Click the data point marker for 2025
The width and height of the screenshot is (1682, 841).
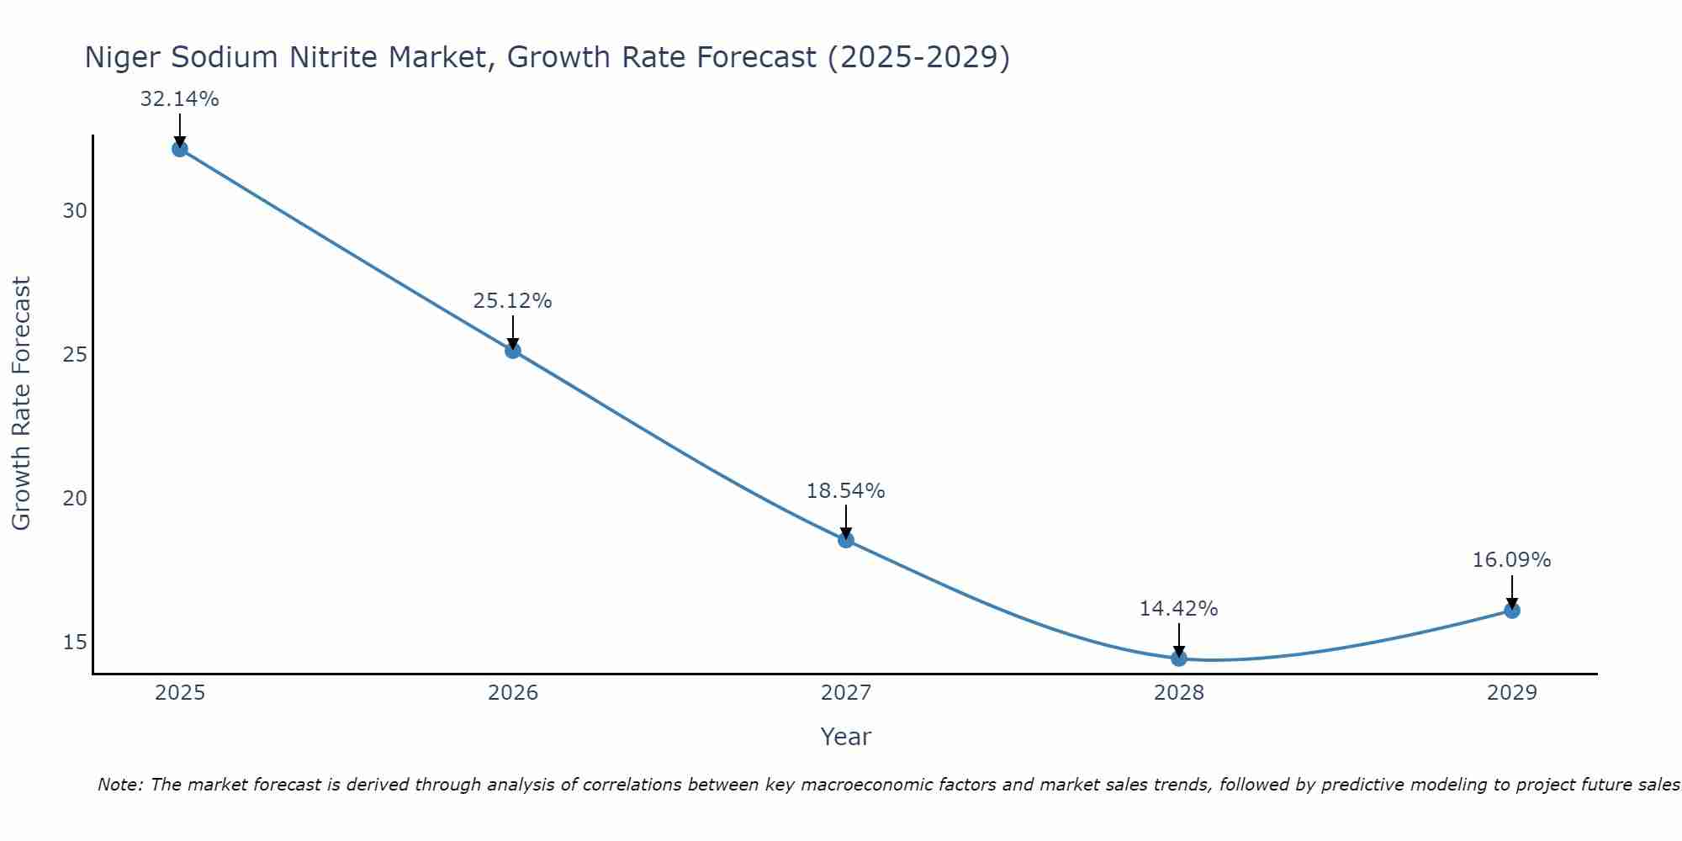pyautogui.click(x=179, y=149)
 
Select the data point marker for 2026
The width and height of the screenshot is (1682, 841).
pyautogui.click(x=513, y=351)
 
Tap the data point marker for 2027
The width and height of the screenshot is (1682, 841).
pyautogui.click(x=846, y=540)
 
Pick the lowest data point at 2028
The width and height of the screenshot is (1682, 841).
pyautogui.click(x=1179, y=658)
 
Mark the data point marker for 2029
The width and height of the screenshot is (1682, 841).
pyautogui.click(x=1512, y=611)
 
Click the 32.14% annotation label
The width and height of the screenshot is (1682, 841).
pyautogui.click(x=179, y=99)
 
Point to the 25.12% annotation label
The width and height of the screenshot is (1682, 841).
pyautogui.click(x=512, y=301)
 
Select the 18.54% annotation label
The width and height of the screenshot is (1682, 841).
pyautogui.click(x=845, y=491)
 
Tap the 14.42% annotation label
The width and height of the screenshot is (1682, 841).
pyautogui.click(x=1178, y=609)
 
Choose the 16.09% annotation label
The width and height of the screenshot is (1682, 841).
pyautogui.click(x=1511, y=560)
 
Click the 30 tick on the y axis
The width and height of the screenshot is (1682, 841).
pyautogui.click(x=75, y=211)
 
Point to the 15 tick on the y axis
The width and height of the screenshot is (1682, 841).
pyautogui.click(x=75, y=643)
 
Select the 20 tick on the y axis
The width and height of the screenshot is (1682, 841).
pyautogui.click(x=75, y=499)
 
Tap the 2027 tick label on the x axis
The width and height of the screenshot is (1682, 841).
pyautogui.click(x=846, y=693)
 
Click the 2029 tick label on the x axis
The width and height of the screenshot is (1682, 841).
pyautogui.click(x=1512, y=693)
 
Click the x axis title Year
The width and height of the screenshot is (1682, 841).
pyautogui.click(x=846, y=737)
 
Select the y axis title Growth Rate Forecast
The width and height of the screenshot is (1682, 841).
pyautogui.click(x=22, y=404)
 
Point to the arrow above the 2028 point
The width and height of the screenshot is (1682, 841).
pyautogui.click(x=1179, y=640)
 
